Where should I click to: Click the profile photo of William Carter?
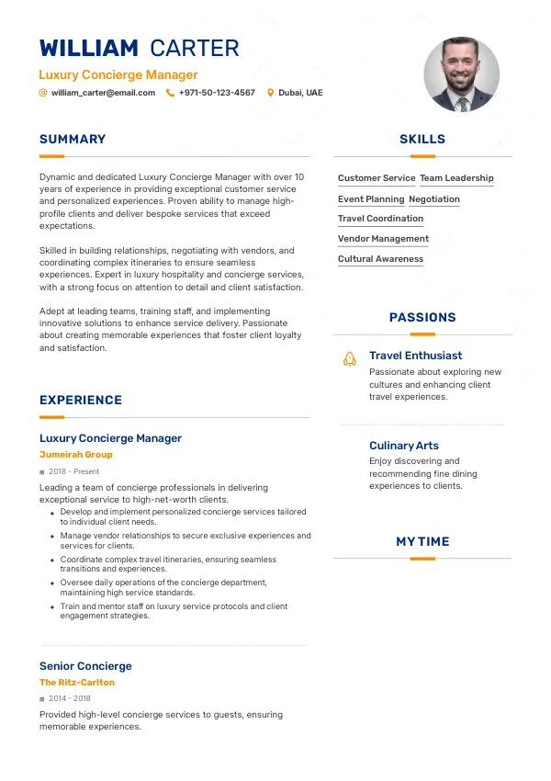pos(461,74)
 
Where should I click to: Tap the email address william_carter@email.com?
pos(103,93)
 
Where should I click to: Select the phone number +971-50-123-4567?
pos(217,93)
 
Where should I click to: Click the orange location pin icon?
pos(270,93)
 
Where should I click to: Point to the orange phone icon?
pos(170,93)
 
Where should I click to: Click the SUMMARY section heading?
pos(73,140)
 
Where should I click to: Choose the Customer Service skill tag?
pos(377,178)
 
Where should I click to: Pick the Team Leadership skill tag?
pos(456,178)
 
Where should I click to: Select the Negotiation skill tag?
pos(434,199)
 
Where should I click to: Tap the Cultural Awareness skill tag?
pos(380,259)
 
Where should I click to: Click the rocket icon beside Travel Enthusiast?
pos(349,358)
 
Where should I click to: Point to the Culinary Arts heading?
pos(404,446)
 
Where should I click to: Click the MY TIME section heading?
pos(422,542)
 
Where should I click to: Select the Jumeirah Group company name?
pos(76,455)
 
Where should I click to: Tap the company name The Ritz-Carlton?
pos(77,683)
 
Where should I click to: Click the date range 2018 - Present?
pos(74,471)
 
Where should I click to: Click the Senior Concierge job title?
pos(85,666)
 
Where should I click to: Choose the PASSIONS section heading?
pos(422,318)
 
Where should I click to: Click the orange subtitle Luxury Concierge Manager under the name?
pos(118,75)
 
